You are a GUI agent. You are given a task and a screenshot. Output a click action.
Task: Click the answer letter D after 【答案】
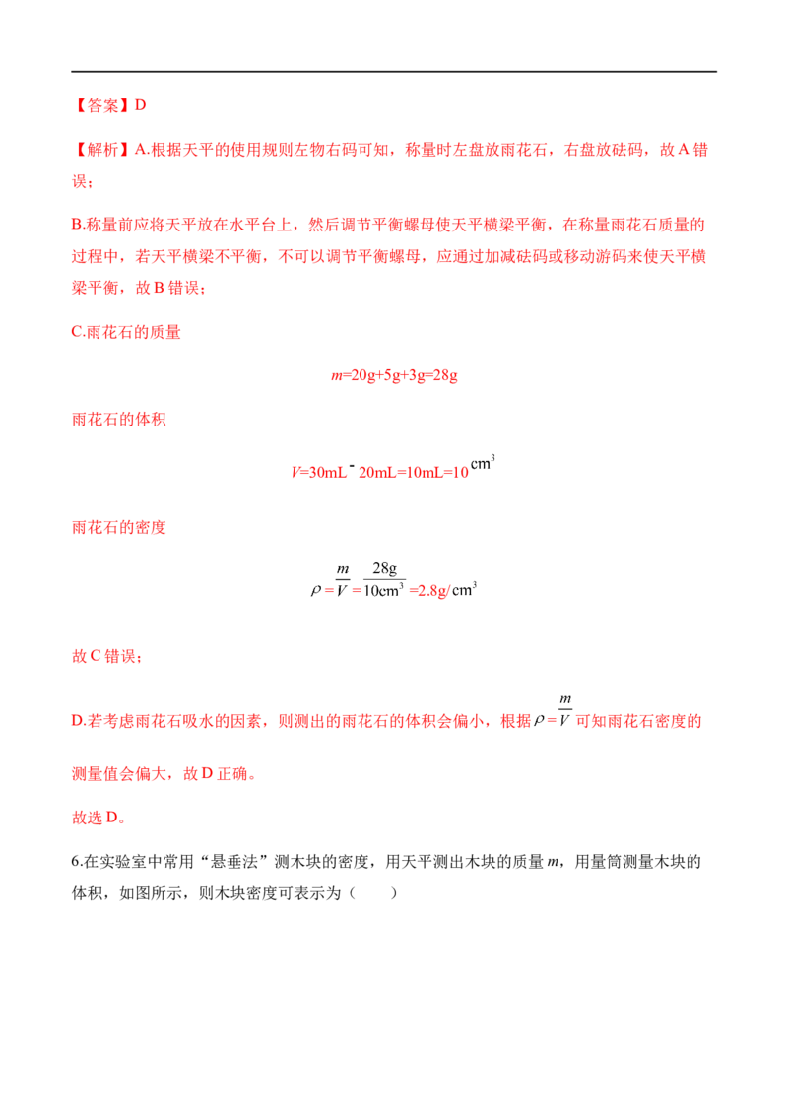click(140, 106)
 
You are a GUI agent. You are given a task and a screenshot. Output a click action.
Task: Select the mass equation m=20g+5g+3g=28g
click(394, 375)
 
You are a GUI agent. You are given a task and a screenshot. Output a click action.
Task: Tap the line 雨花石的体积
click(119, 420)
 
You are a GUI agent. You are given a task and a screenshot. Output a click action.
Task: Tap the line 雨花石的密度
click(119, 527)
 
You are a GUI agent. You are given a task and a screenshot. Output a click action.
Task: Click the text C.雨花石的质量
click(127, 332)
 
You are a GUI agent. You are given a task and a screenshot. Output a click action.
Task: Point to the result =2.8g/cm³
click(443, 590)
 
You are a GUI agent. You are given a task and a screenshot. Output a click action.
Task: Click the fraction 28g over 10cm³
click(384, 579)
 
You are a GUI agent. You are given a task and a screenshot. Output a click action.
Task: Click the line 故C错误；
click(106, 656)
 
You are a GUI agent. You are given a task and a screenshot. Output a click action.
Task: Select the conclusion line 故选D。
click(98, 818)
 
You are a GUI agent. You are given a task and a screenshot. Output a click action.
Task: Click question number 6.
click(77, 862)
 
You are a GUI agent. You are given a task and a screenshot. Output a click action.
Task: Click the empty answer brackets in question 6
click(373, 893)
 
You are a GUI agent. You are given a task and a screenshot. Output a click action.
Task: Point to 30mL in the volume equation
click(327, 472)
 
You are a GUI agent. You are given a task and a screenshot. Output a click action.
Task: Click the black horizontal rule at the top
click(394, 71)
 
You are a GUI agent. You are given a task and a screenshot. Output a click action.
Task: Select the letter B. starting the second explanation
click(78, 225)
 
